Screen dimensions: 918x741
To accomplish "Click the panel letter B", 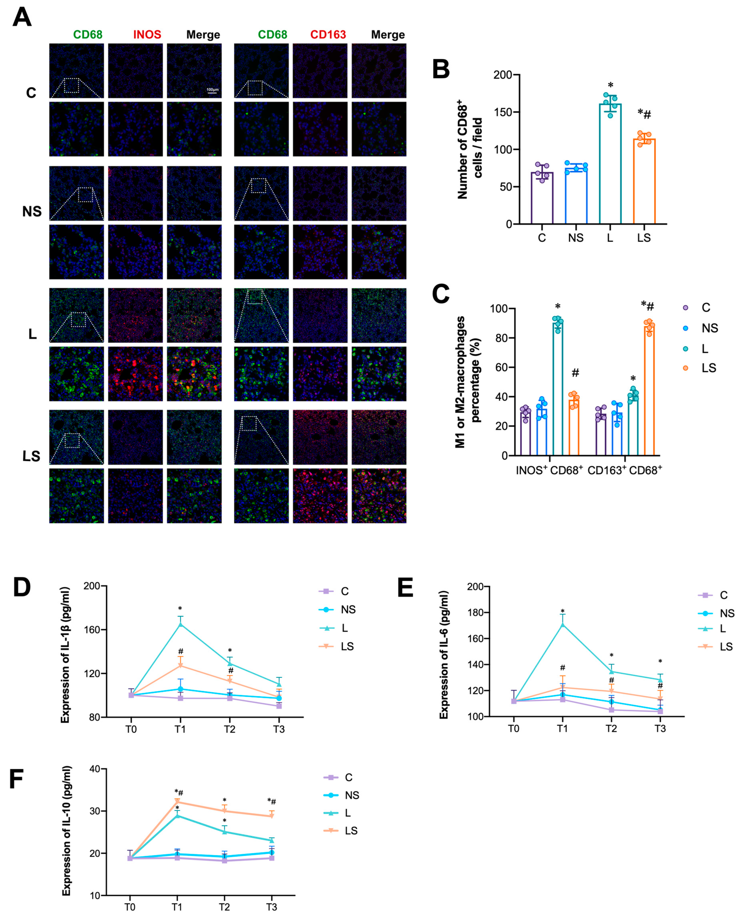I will (441, 69).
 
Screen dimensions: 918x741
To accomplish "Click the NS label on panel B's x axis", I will (575, 238).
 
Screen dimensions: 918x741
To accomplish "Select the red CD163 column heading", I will (328, 35).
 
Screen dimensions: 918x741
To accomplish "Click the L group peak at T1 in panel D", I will (181, 624).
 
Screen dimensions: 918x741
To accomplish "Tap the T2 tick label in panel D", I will (230, 729).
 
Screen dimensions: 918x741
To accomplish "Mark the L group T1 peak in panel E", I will (563, 625).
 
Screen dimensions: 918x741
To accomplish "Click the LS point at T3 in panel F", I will (272, 816).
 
